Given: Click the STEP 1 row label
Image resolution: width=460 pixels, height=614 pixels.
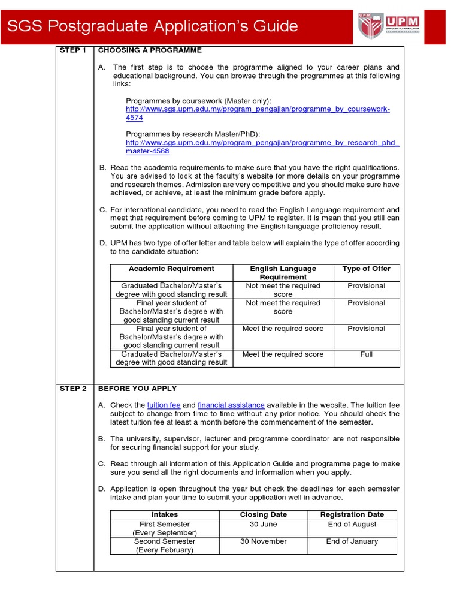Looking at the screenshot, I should (x=74, y=50).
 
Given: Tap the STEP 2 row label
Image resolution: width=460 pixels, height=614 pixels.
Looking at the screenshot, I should (x=74, y=389).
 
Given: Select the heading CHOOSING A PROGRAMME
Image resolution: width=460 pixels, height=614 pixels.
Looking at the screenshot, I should (x=150, y=50).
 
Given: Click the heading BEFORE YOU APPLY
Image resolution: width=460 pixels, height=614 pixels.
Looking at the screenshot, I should (x=137, y=389).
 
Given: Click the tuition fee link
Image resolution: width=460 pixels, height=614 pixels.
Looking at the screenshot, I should (x=164, y=405).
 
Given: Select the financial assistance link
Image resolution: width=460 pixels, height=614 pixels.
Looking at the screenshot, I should (x=231, y=405).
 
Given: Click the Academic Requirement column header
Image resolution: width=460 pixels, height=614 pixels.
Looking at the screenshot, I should (x=171, y=269).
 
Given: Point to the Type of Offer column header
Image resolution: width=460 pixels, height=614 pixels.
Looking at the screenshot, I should (x=366, y=269).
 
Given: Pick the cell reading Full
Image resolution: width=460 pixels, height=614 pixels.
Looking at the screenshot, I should (x=366, y=354).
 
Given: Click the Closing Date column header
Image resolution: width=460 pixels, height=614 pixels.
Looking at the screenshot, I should (x=263, y=514).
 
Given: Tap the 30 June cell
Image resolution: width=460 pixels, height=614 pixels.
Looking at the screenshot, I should (x=263, y=524).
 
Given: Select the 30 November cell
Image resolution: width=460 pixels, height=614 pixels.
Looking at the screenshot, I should (x=263, y=541).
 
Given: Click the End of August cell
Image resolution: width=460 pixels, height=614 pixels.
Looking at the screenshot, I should (x=352, y=524).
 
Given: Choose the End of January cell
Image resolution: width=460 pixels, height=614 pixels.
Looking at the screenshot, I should (x=352, y=541).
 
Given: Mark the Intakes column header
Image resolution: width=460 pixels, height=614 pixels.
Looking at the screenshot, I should (x=165, y=514).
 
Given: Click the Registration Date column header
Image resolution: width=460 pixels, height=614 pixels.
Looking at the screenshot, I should (x=352, y=514).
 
